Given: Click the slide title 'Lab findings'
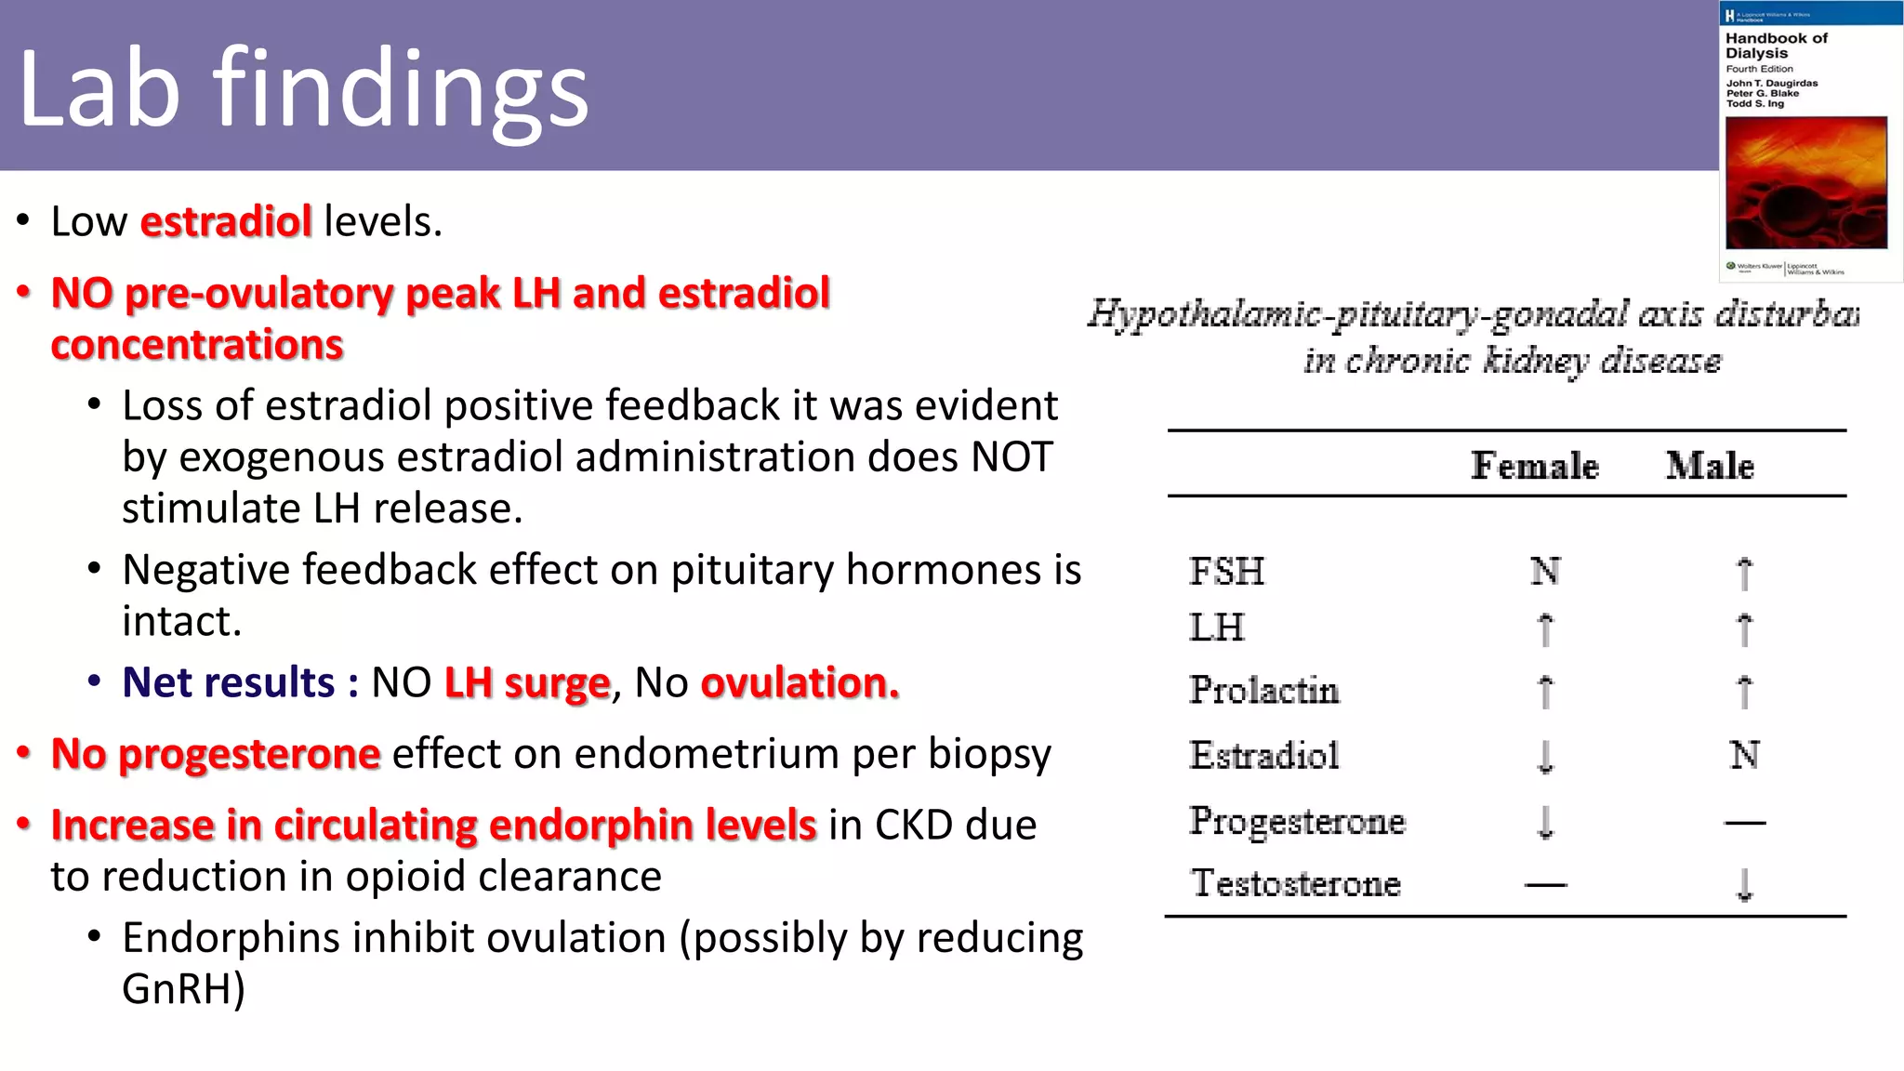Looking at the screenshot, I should (303, 89).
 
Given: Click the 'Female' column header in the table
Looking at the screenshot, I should (1534, 466).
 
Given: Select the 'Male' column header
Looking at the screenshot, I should (1709, 466).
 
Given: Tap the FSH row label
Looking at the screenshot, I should (1226, 571).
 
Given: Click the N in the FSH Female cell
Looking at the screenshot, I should (1545, 571).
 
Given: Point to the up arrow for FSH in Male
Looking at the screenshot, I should (1744, 573).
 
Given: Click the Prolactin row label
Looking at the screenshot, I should (1263, 690).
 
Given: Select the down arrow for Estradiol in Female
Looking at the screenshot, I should (1545, 756).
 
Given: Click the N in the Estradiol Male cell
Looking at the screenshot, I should (1744, 755).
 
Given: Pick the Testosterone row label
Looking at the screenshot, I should (1295, 883).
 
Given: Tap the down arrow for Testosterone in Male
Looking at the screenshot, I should (1744, 885).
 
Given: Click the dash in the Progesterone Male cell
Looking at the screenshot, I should (1744, 822).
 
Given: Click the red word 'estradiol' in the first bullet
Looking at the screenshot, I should (226, 221).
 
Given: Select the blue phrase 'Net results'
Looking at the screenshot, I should (228, 682).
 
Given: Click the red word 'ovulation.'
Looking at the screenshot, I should (800, 682).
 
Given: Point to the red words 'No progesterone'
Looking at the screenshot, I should (216, 754).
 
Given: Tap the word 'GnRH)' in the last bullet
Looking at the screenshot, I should (183, 989).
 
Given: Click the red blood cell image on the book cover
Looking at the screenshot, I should (1805, 182).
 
